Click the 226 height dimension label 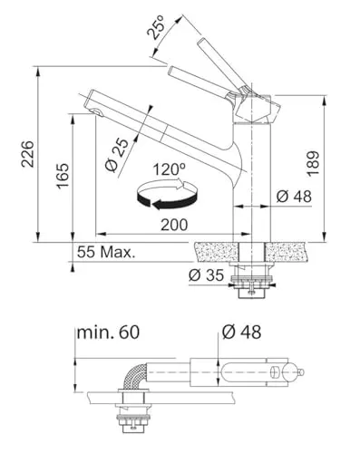27,154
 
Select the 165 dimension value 63,176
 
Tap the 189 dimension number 313,163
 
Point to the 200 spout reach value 174,225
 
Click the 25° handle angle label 157,27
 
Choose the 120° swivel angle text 170,169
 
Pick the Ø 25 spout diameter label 116,155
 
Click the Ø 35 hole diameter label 207,275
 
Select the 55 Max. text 106,252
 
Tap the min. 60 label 108,333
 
